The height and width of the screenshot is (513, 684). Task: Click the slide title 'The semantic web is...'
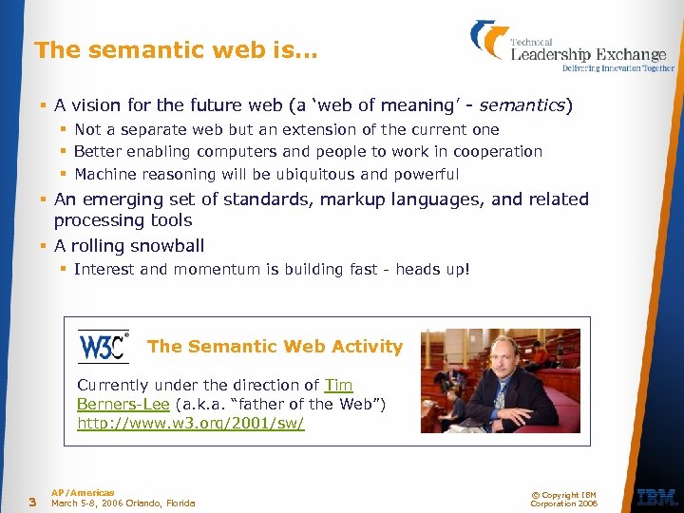click(176, 50)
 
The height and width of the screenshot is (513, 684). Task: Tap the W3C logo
click(104, 347)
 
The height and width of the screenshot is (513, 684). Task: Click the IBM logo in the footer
click(655, 496)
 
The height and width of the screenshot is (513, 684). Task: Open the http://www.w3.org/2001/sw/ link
click(190, 423)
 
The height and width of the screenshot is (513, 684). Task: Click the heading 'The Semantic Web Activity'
click(275, 347)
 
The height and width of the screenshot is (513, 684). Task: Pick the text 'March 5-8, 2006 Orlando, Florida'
click(123, 503)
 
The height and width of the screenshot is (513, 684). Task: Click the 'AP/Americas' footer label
click(83, 492)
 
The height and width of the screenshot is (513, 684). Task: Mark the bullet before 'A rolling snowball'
click(45, 246)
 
